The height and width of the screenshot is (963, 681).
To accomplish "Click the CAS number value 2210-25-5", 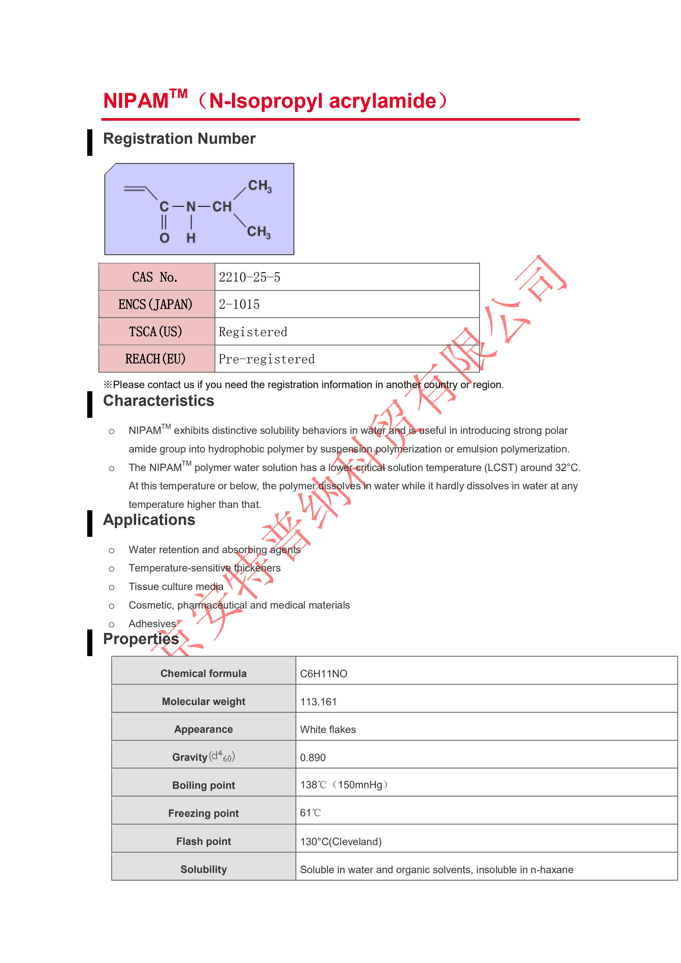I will tap(249, 277).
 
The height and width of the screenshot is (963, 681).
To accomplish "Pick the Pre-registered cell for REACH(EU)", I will tap(266, 359).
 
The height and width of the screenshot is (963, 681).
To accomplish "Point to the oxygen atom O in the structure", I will tap(164, 238).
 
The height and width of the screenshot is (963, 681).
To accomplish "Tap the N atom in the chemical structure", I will tap(191, 207).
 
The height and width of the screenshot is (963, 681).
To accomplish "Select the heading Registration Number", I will tap(179, 139).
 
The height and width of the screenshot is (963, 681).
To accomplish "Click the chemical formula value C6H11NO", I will tap(323, 674).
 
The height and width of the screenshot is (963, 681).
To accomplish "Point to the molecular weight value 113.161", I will tap(318, 702).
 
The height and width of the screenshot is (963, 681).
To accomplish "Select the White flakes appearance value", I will tap(327, 729).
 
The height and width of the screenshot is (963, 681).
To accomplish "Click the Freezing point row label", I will tap(203, 813).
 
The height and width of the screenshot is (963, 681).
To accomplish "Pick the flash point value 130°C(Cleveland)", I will tap(340, 841).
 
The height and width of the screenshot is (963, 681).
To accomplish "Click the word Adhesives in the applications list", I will tap(152, 624).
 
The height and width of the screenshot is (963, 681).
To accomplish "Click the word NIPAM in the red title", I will tap(136, 101).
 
